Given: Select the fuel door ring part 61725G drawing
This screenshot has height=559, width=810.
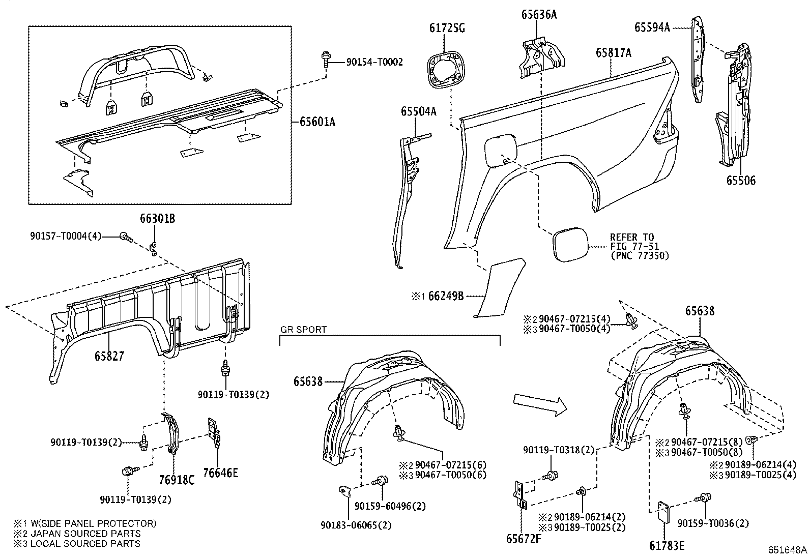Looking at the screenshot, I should click(444, 70).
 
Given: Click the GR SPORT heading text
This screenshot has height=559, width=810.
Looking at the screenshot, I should click(303, 330).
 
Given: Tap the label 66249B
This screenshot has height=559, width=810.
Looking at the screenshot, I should click(446, 296).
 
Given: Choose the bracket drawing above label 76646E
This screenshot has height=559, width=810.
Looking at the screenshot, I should click(215, 432).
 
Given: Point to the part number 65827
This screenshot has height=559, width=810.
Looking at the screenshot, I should click(109, 356).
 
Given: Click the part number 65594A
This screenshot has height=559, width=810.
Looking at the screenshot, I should click(652, 27).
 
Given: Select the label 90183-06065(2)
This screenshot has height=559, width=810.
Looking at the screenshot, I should click(356, 525).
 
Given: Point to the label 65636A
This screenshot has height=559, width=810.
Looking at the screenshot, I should click(539, 15).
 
